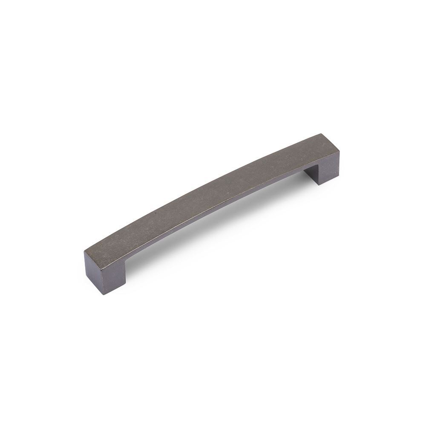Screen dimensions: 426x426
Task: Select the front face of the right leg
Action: (330, 168)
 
